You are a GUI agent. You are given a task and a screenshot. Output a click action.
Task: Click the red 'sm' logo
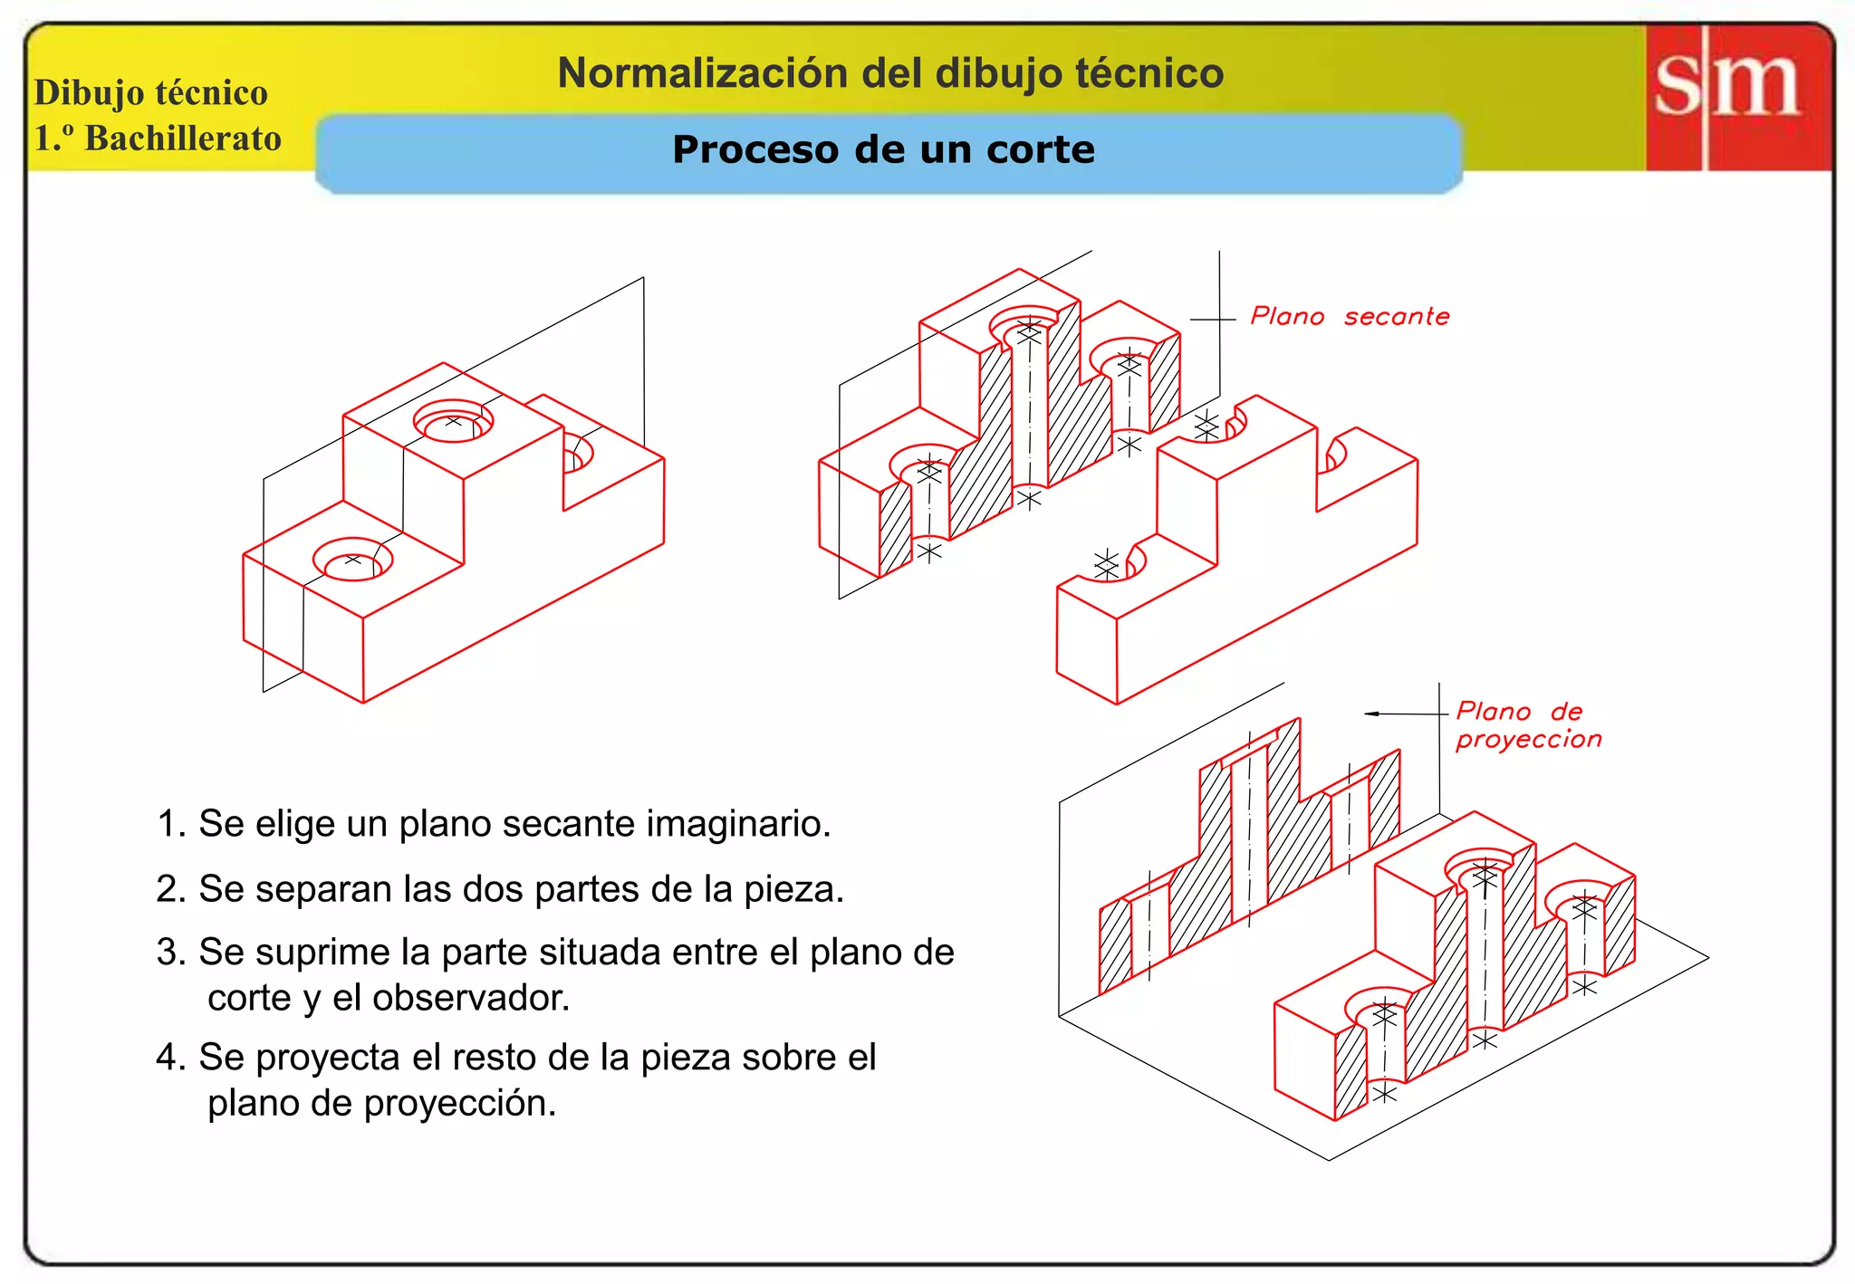coord(1737,96)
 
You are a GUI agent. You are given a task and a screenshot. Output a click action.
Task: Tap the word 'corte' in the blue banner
coord(1040,149)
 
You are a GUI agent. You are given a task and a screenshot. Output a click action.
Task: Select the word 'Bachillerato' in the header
coord(183,139)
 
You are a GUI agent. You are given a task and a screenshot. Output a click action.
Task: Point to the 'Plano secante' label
coord(1350,317)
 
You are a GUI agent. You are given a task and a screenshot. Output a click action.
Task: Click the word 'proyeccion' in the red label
coord(1528,740)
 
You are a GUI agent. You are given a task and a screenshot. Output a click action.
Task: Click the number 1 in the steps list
coord(167,824)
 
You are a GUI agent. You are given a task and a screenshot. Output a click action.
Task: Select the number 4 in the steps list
coord(167,1058)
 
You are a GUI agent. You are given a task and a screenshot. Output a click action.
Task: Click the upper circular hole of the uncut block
coord(453,422)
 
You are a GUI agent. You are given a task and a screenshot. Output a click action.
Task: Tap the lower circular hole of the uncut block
coord(353,561)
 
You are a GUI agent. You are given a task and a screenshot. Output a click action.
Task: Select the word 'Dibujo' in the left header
coord(88,93)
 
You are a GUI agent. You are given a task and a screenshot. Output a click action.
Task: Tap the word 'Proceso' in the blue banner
coord(755,149)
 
